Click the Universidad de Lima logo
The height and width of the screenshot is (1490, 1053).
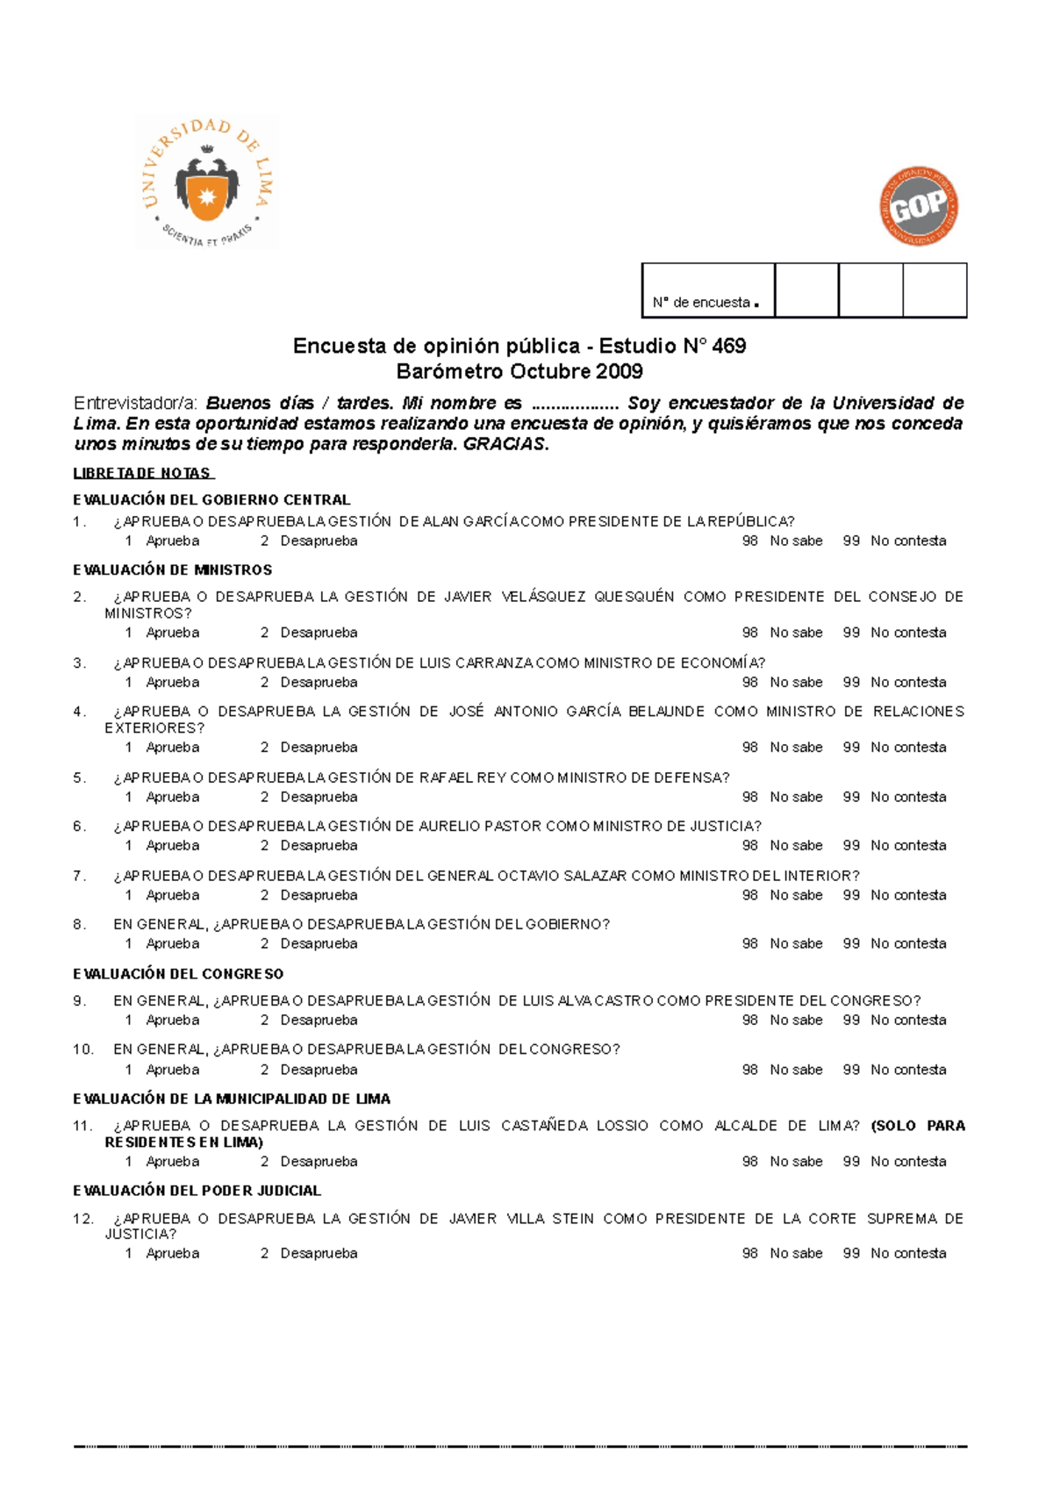207,183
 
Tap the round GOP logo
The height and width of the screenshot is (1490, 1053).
919,206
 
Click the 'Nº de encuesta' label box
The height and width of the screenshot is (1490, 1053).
707,290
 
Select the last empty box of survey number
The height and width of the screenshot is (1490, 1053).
935,290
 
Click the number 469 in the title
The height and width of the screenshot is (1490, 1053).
728,346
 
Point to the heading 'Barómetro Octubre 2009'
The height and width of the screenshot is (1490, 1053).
519,371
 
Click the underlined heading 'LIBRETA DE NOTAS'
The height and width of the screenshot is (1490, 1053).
142,473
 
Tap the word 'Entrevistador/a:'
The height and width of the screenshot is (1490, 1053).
136,404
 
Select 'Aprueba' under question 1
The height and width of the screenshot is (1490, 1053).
172,541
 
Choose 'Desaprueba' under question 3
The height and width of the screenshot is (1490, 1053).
319,683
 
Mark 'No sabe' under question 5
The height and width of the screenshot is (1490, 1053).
796,798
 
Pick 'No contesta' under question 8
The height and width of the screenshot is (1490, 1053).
907,944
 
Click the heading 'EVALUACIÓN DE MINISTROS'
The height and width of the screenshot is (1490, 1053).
173,570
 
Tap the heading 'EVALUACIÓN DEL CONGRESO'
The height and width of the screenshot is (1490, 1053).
178,974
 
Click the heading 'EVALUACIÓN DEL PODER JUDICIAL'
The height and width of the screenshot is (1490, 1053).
197,1191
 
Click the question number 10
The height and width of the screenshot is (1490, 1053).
82,1049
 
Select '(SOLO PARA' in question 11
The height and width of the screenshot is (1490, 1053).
918,1126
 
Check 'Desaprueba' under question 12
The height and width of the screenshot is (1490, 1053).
319,1254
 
